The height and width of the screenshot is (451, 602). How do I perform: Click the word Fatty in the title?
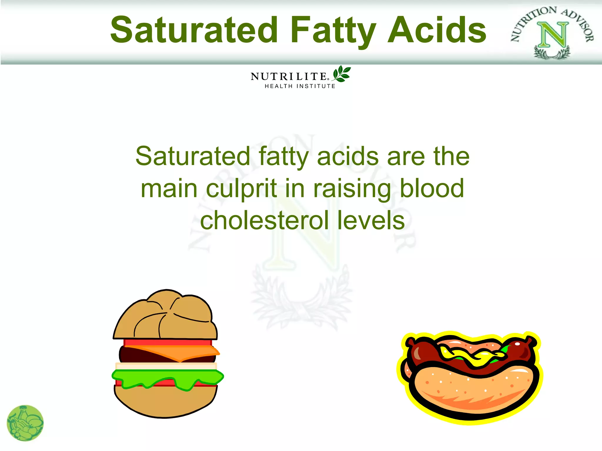[333, 30]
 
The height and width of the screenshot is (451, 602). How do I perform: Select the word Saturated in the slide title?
[194, 30]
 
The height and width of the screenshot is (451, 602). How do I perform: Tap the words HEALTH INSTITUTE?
[300, 86]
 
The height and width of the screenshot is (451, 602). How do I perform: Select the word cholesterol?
[265, 221]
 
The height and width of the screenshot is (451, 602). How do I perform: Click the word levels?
[371, 221]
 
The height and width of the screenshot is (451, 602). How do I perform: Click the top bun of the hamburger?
[166, 317]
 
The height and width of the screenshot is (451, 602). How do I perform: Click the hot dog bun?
[473, 388]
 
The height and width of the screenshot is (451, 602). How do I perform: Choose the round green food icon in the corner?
[25, 423]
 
